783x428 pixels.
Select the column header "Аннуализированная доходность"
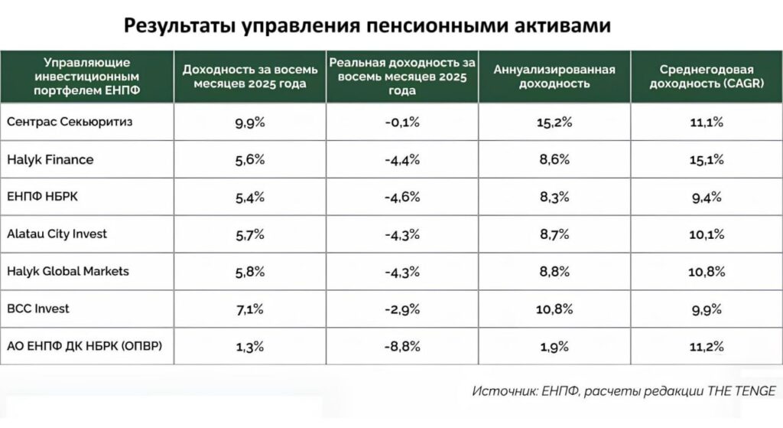tap(554, 76)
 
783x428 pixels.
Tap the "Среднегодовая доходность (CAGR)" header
tap(707, 76)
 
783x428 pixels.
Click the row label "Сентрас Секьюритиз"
tap(63, 123)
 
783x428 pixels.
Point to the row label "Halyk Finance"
tap(50, 160)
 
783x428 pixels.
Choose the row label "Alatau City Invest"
tap(57, 234)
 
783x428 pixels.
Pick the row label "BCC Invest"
tap(37, 309)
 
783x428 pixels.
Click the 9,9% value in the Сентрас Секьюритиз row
tap(249, 123)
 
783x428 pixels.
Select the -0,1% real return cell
tap(402, 123)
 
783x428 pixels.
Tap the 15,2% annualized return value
tap(554, 123)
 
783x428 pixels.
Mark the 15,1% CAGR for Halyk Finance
tap(707, 160)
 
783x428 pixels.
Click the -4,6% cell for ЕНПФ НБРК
tap(402, 197)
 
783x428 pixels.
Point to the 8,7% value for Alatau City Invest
tap(554, 234)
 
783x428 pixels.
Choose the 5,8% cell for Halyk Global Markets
tap(249, 271)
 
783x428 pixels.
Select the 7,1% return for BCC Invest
tap(249, 309)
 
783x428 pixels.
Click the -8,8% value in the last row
tap(402, 346)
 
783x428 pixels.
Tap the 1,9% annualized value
tap(554, 346)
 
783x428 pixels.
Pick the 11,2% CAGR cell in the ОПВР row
tap(707, 346)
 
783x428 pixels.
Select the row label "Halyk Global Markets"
tap(67, 271)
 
